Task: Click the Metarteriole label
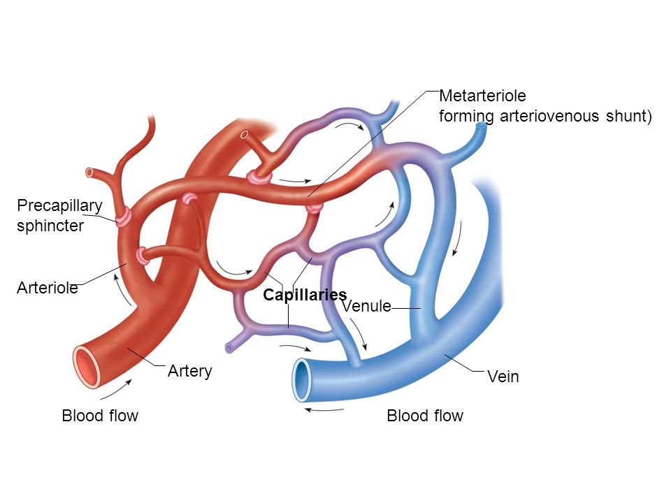[x=482, y=95]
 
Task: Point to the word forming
[x=466, y=116]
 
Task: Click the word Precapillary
[x=59, y=205]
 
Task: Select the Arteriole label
[x=47, y=288]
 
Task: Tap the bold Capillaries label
[x=305, y=295]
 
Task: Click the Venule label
[x=365, y=306]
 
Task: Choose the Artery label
[x=189, y=371]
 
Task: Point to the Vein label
[x=503, y=377]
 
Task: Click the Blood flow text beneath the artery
[x=100, y=416]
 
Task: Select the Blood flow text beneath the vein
[x=425, y=416]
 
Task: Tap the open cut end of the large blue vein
[x=303, y=380]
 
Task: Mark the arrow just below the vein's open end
[x=324, y=410]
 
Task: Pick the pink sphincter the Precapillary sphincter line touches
[x=124, y=217]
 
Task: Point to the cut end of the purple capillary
[x=229, y=347]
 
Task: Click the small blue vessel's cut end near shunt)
[x=482, y=128]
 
